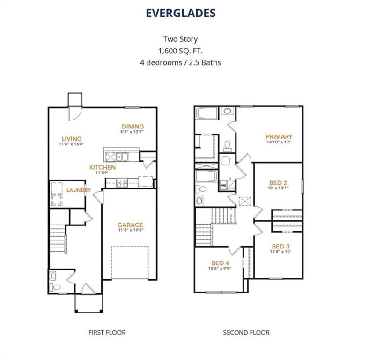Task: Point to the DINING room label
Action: click(133, 126)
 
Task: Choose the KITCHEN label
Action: click(103, 167)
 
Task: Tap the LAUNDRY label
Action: click(78, 190)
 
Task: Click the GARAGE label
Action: click(130, 225)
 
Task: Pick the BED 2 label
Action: click(278, 183)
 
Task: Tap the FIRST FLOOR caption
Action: click(107, 333)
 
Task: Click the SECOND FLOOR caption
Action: click(246, 333)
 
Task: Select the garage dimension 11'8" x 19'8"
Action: click(130, 231)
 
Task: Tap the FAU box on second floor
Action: click(223, 186)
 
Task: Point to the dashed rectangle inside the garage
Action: click(130, 262)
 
